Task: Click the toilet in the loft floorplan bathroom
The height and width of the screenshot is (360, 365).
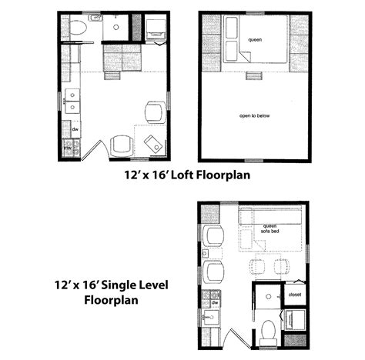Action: [75, 28]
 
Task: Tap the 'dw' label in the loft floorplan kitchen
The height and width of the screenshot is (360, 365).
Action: [75, 129]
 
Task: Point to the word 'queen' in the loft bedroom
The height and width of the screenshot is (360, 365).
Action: [255, 38]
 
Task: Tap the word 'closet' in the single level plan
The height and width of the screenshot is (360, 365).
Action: [295, 294]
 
